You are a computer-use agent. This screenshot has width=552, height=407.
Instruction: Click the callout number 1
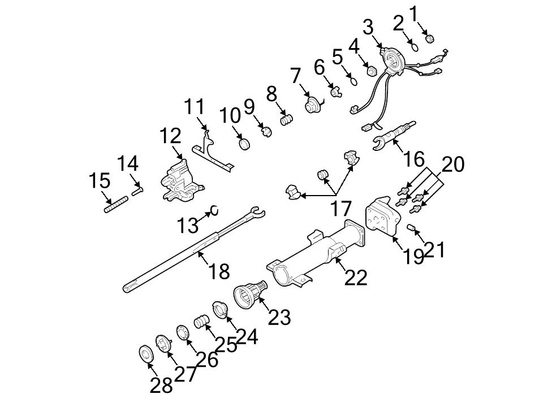[415, 12]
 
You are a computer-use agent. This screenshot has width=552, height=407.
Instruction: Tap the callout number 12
[170, 136]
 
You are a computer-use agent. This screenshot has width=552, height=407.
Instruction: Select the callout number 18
[219, 271]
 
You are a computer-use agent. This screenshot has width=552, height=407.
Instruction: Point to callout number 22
[356, 277]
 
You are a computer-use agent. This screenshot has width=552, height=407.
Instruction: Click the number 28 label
[161, 386]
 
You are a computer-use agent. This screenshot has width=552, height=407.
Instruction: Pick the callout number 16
[414, 159]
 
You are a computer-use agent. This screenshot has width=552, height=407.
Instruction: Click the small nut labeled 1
[429, 39]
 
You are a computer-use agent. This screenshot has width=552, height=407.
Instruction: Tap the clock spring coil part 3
[390, 58]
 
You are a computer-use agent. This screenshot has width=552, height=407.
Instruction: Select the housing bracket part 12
[179, 180]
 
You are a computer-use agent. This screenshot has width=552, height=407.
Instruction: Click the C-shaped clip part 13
[214, 211]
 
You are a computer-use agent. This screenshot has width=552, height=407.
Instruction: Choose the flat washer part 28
[145, 354]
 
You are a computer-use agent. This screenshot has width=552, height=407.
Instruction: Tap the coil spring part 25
[201, 322]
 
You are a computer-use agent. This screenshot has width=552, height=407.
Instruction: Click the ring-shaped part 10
[245, 144]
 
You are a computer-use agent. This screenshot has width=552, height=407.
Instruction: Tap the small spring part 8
[288, 120]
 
